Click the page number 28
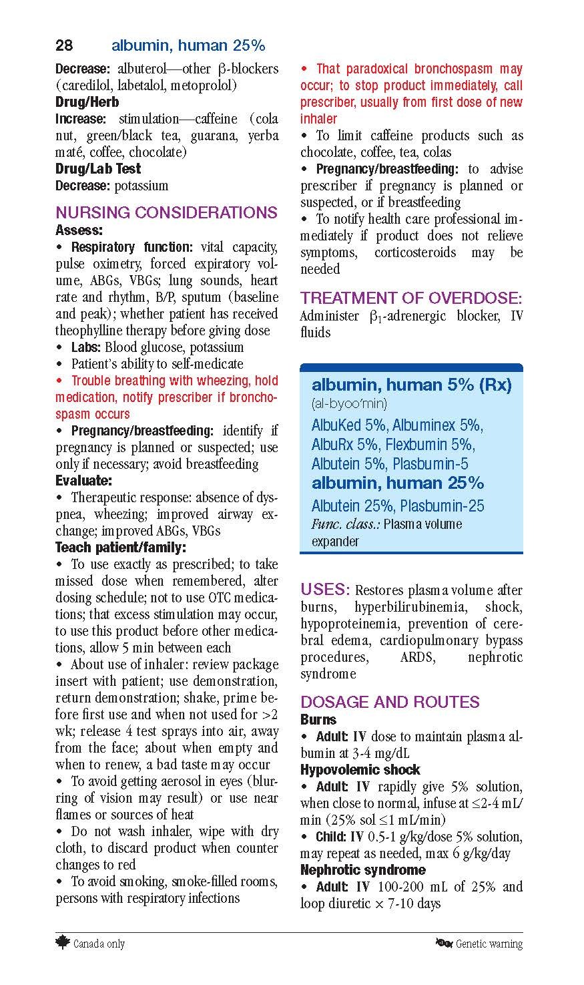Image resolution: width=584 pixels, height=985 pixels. pos(64,45)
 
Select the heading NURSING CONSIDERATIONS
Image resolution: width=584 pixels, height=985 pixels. pos(166,212)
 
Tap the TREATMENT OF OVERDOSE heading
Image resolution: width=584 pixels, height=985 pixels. pos(411,298)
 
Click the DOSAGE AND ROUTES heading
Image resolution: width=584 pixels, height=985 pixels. pos(390,702)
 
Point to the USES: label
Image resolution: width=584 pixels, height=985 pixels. pos(325,590)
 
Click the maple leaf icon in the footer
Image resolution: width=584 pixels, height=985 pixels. pos(63,942)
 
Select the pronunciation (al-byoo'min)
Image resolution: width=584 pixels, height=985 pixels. pos(349,403)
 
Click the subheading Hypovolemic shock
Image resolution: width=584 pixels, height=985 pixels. pos(360,769)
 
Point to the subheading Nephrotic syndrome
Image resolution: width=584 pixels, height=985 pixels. pos(362,869)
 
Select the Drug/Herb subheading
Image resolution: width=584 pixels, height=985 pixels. pos(87,102)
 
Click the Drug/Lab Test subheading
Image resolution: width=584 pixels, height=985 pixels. pos(98,169)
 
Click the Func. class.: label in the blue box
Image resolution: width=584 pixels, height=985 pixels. pos(345,525)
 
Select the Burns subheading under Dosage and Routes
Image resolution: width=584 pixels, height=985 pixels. pos(318,719)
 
